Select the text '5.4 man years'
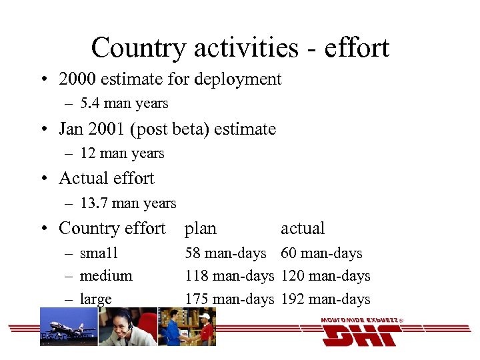pyautogui.click(x=124, y=103)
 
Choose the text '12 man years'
pyautogui.click(x=122, y=153)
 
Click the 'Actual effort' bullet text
pyautogui.click(x=107, y=179)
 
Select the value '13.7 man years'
pyautogui.click(x=128, y=203)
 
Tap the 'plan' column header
pyautogui.click(x=201, y=229)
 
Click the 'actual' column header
pyautogui.click(x=303, y=229)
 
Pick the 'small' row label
pyautogui.click(x=99, y=253)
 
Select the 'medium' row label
pyautogui.click(x=106, y=276)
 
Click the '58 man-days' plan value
pyautogui.click(x=225, y=253)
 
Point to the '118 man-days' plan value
pyautogui.click(x=229, y=276)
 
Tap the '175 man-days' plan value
pyautogui.click(x=229, y=299)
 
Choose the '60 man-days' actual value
pyautogui.click(x=321, y=253)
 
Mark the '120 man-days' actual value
pyautogui.click(x=325, y=276)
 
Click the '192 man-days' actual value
pyautogui.click(x=325, y=299)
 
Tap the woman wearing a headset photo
pyautogui.click(x=128, y=327)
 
